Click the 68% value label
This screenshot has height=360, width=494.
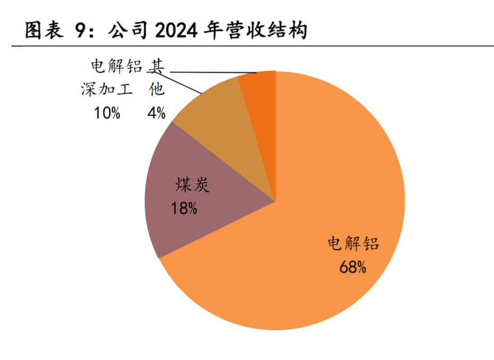pos(353,267)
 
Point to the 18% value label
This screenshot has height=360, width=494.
pos(184,209)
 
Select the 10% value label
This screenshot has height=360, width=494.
pos(107,113)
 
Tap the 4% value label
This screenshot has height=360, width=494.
pos(157,113)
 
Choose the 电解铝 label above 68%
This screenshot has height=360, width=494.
pos(353,244)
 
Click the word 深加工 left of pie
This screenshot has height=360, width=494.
pos(107,90)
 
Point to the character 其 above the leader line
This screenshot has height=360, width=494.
pos(156,66)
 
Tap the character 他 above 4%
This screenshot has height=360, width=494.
pos(156,90)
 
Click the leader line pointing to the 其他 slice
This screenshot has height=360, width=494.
pos(212,72)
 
